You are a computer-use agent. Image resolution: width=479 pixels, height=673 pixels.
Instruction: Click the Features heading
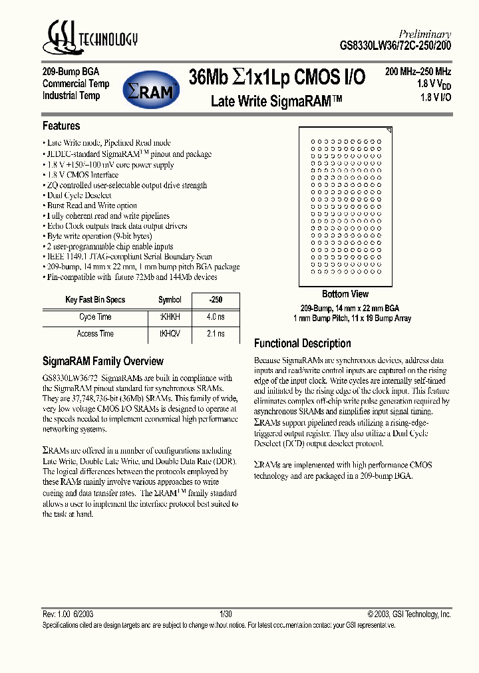point(61,126)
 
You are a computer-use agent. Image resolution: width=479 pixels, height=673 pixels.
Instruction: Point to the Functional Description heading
point(303,343)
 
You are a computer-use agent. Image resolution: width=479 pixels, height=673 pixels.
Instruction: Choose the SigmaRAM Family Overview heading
point(102,361)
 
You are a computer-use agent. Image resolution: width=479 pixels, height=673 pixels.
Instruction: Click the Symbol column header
point(170,300)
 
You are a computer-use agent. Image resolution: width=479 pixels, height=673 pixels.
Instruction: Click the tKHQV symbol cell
point(170,333)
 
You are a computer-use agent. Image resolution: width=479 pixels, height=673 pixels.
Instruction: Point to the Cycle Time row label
point(96,317)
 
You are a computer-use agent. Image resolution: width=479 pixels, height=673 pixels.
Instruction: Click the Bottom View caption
point(345,294)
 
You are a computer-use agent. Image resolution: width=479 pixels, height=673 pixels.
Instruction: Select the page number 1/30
point(226,614)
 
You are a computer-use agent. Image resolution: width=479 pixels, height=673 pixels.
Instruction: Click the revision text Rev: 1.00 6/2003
point(68,614)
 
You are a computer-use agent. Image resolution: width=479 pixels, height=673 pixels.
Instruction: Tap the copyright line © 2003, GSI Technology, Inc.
point(408,614)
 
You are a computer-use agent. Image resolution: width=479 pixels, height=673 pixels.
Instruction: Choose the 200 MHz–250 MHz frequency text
point(418,71)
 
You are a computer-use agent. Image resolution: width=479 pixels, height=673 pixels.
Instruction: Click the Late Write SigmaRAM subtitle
point(276,101)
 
